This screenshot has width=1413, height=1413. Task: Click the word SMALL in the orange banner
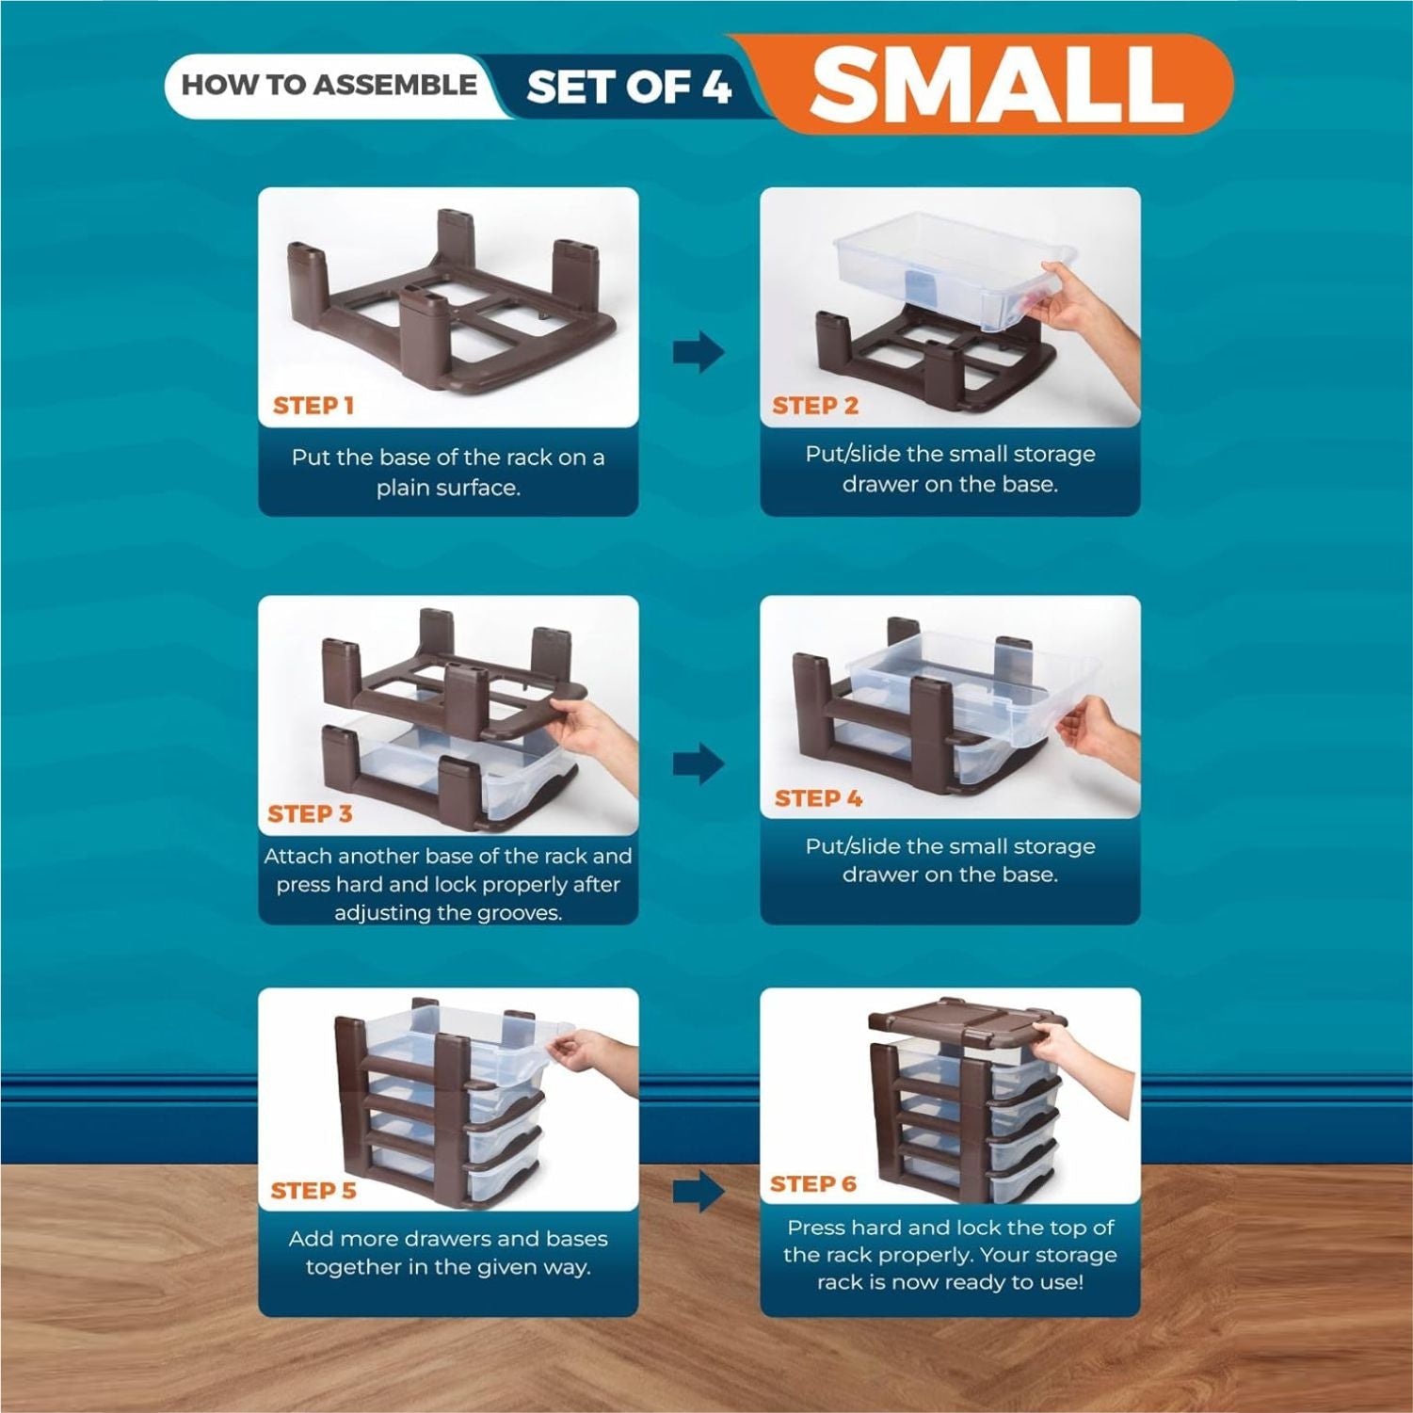[x=997, y=84]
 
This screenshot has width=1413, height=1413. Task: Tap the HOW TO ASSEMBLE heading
[x=329, y=85]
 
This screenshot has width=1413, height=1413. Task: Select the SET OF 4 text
[x=629, y=88]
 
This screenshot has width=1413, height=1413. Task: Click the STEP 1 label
[x=313, y=406]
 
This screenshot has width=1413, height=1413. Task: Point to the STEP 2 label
[x=815, y=406]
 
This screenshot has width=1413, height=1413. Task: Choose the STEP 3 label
[x=310, y=813]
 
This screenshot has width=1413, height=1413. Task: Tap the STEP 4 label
[x=818, y=798]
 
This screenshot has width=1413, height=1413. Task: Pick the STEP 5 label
[x=313, y=1191]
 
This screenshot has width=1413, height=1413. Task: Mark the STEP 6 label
[x=813, y=1184]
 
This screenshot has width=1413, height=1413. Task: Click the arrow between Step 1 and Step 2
[x=698, y=353]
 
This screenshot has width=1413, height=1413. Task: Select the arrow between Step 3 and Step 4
[x=698, y=763]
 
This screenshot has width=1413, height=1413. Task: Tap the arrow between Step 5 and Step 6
[x=698, y=1192]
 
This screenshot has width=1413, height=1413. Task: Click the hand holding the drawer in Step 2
[x=1083, y=311]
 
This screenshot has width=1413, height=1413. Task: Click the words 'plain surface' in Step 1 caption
[x=448, y=488]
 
